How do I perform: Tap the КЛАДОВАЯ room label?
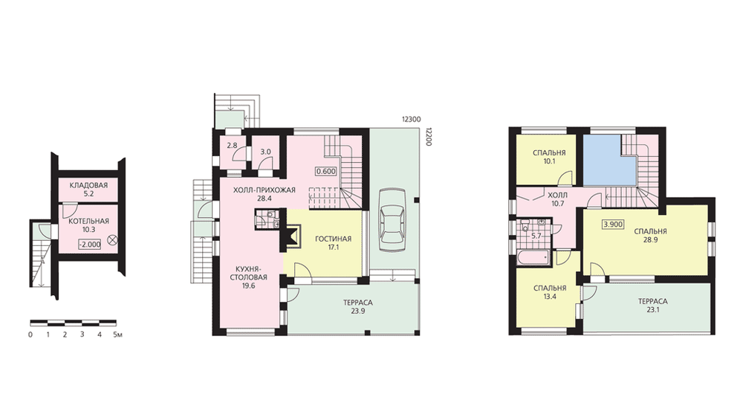(88, 185)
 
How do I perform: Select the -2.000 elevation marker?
(90, 245)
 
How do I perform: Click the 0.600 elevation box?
(325, 172)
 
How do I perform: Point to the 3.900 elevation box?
(613, 225)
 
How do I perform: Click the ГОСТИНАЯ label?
(334, 239)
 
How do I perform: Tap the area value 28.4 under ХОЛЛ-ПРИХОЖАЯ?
(264, 198)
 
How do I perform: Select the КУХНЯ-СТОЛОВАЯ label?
(248, 273)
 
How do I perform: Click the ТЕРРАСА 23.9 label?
(358, 306)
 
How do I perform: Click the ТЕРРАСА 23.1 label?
(652, 306)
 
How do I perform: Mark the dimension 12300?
(411, 120)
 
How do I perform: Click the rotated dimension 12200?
(429, 136)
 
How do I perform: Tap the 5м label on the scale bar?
(117, 335)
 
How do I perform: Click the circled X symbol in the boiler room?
(113, 239)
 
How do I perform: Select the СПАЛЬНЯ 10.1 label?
(549, 157)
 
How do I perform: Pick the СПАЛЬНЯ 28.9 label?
(651, 236)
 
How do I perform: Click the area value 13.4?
(550, 297)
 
